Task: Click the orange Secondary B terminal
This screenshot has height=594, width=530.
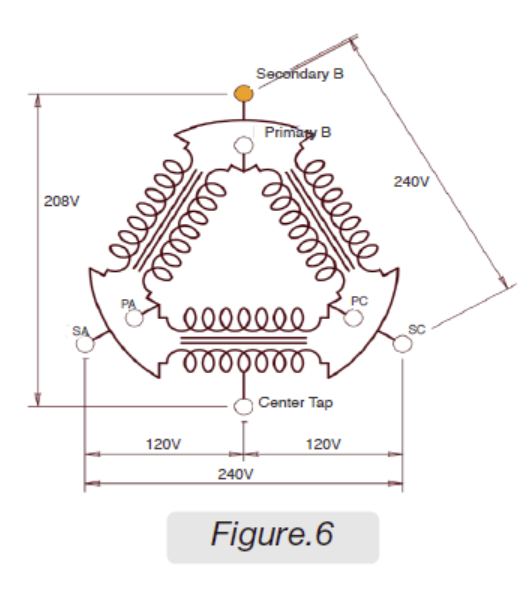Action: click(244, 94)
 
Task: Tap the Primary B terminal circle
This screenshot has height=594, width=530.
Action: click(244, 145)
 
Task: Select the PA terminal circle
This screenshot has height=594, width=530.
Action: click(134, 318)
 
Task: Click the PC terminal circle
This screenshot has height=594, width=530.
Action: click(353, 318)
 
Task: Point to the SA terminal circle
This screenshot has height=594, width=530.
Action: click(85, 344)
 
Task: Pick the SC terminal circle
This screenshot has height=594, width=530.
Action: click(403, 344)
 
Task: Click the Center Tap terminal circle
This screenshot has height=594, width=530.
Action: click(243, 407)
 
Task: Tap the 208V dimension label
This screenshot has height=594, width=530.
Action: click(62, 201)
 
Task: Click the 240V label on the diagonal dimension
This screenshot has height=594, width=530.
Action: click(412, 182)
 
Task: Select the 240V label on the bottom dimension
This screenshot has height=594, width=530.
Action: click(236, 474)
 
